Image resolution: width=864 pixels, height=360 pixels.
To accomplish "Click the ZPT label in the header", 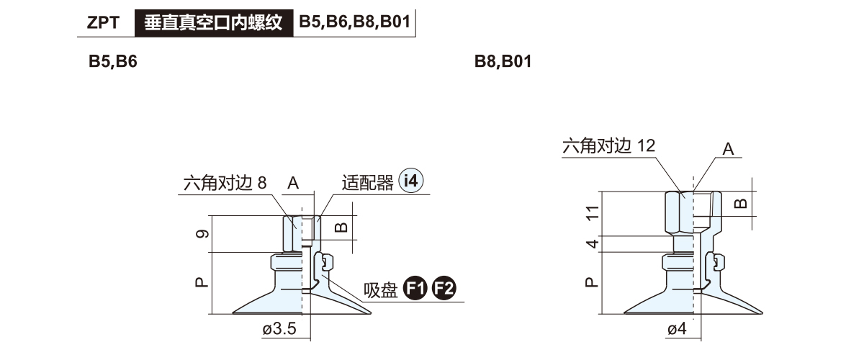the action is [103, 22].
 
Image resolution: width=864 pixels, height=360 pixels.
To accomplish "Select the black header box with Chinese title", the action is [214, 23].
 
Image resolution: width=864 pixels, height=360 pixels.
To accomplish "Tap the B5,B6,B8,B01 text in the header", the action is [354, 22].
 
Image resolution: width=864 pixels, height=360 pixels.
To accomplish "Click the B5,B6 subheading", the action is [112, 61].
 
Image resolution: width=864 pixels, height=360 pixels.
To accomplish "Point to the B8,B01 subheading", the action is [503, 61].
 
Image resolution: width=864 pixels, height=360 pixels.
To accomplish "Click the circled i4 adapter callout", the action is [411, 181].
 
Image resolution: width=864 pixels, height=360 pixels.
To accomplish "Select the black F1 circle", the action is [415, 288].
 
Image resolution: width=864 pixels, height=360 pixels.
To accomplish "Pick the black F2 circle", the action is [444, 288].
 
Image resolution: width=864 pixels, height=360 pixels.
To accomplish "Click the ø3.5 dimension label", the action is [279, 329].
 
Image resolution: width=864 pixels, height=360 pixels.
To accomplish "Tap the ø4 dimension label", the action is [677, 329].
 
